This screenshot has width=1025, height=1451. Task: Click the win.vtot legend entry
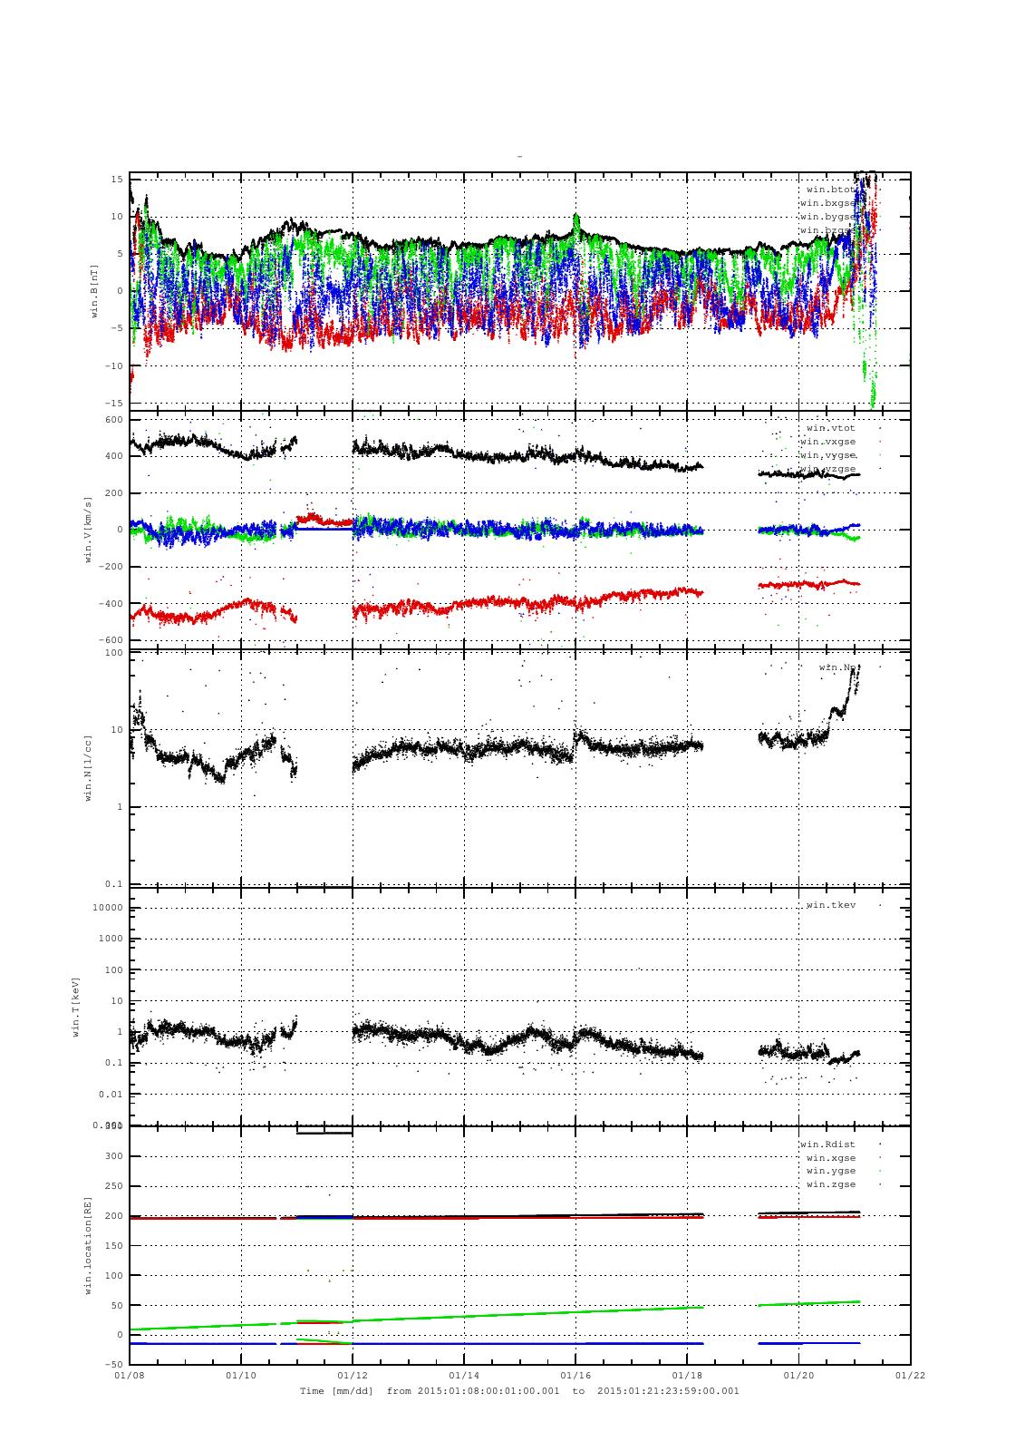point(830,427)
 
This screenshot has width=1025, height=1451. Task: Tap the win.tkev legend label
point(830,905)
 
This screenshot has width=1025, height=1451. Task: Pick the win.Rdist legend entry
point(827,1144)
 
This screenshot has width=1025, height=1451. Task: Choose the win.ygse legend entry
point(830,1171)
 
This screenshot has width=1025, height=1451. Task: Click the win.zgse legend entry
point(830,1184)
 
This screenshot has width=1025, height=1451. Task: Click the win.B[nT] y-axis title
point(93,290)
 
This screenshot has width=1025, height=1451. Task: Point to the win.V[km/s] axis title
point(89,530)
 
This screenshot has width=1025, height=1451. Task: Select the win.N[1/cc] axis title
point(89,767)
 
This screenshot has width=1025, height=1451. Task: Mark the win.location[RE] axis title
point(89,1244)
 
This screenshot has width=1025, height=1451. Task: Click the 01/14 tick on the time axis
point(463,1375)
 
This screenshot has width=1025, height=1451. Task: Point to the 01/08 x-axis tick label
point(130,1375)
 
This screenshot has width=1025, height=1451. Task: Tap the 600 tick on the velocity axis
point(113,420)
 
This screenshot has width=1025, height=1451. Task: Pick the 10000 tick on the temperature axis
point(107,909)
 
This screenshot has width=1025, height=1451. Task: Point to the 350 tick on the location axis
point(113,1125)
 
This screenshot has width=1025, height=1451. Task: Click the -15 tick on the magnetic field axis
point(113,403)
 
